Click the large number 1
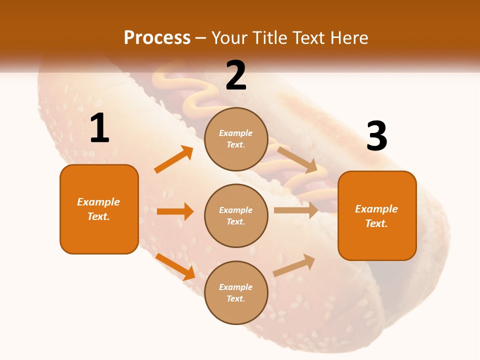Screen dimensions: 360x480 pyautogui.click(x=99, y=128)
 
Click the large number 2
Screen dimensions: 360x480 pyautogui.click(x=235, y=75)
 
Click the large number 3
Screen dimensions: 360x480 pyautogui.click(x=376, y=136)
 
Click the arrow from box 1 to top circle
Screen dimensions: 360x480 pyautogui.click(x=173, y=159)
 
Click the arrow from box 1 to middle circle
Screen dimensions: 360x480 pyautogui.click(x=175, y=211)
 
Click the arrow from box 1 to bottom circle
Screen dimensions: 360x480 pyautogui.click(x=175, y=266)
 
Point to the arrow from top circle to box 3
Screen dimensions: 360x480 pyautogui.click(x=297, y=159)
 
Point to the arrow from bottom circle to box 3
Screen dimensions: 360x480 pyautogui.click(x=294, y=265)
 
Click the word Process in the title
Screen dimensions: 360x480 pyautogui.click(x=157, y=37)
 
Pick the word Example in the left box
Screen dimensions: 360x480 pyautogui.click(x=98, y=202)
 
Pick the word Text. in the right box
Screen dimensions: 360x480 pyautogui.click(x=376, y=223)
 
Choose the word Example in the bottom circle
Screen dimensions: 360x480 pyautogui.click(x=236, y=287)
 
